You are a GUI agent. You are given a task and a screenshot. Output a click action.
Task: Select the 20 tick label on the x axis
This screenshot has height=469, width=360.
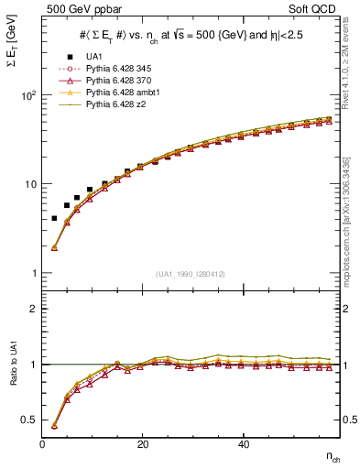[142, 443]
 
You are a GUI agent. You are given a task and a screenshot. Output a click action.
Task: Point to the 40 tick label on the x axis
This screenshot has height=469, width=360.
[243, 443]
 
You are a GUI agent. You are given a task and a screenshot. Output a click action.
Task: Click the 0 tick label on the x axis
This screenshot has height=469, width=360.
[42, 443]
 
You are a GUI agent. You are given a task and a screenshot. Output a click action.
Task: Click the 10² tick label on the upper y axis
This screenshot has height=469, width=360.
[27, 95]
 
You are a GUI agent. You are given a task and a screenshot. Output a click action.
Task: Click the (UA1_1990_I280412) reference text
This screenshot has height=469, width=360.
[191, 274]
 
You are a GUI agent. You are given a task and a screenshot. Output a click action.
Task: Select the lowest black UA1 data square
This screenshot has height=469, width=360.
[54, 218]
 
